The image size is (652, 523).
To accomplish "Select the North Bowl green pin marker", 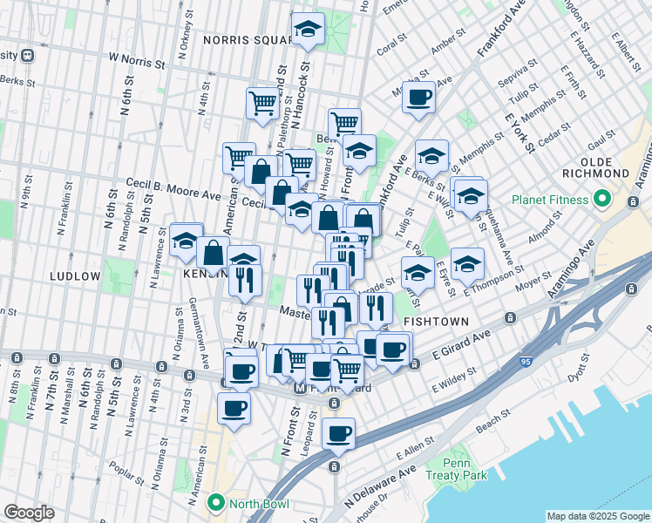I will click(215, 503).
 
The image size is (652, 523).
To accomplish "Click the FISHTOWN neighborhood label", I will click(435, 322).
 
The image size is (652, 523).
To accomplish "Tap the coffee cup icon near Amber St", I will click(418, 96).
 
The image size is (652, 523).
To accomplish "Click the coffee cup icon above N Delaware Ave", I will click(338, 432).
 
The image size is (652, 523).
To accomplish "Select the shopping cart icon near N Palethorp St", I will click(261, 103).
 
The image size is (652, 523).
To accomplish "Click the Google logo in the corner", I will click(28, 513).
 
